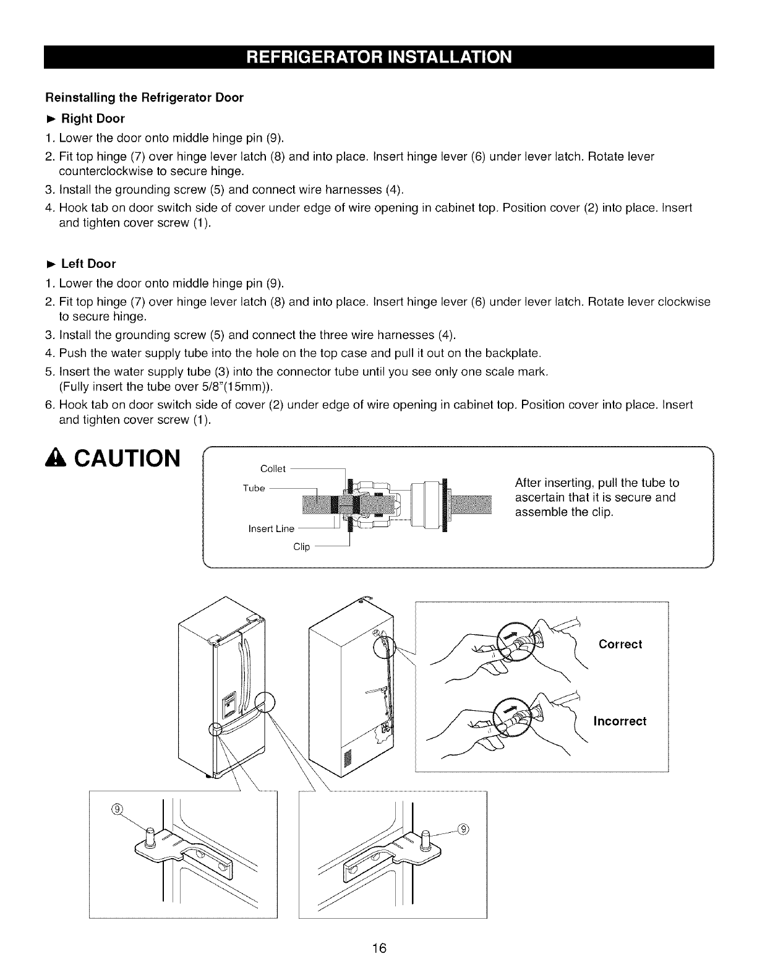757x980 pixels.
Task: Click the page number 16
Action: pyautogui.click(x=379, y=948)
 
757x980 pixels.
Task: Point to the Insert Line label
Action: pyautogui.click(x=271, y=528)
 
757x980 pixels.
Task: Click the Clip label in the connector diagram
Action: pyautogui.click(x=301, y=547)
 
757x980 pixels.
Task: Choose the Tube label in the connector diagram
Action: pyautogui.click(x=254, y=488)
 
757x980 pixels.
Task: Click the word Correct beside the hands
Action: pyautogui.click(x=620, y=644)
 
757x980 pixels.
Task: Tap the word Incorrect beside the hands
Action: pyautogui.click(x=620, y=721)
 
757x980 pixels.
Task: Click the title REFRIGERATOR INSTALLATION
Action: pyautogui.click(x=379, y=57)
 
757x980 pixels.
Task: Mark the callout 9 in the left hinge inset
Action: pyautogui.click(x=118, y=810)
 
